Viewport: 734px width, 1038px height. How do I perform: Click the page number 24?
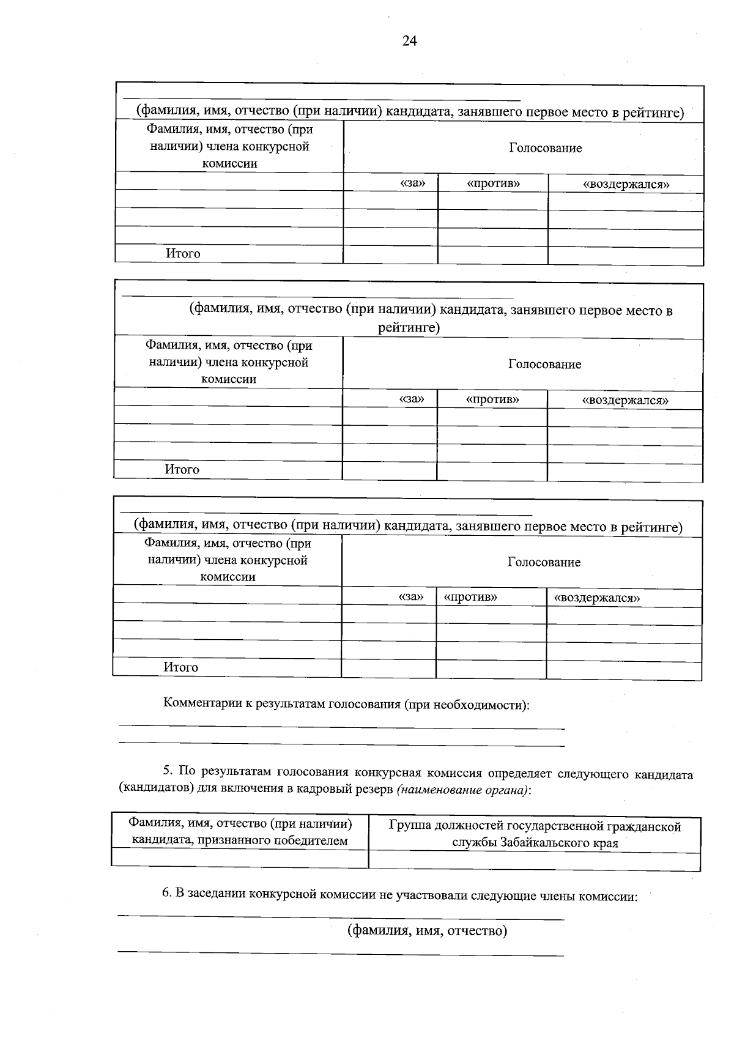coord(409,41)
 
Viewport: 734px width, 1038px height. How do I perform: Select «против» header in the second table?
coord(492,399)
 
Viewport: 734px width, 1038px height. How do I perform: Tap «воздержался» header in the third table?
coord(596,598)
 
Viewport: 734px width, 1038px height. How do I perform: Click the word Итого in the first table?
coord(182,253)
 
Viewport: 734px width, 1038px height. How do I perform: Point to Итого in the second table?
coord(182,469)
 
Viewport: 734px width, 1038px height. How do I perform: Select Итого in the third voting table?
coord(180,667)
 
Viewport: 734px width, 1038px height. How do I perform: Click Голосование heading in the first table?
coord(545,148)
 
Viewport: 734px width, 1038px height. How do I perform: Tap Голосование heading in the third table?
coord(544,562)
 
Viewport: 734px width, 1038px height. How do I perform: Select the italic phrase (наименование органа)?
coord(463,790)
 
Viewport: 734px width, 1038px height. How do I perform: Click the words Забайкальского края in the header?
coord(558,843)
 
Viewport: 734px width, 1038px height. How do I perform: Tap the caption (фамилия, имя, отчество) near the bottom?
coord(427,931)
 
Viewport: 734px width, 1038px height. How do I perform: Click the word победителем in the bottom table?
coord(305,840)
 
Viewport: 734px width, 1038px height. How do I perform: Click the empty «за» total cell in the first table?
coord(390,254)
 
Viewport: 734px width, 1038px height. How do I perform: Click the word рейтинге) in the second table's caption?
coord(409,327)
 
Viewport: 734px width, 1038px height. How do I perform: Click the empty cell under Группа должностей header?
coord(534,861)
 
